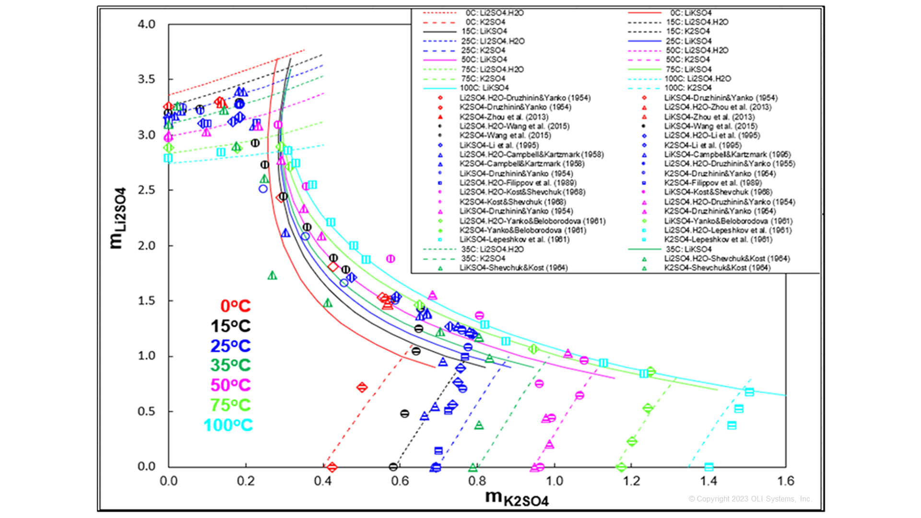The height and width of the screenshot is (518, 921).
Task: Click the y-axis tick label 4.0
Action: point(146,24)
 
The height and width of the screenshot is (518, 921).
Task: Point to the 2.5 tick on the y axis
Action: point(146,190)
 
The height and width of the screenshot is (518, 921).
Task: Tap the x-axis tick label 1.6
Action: point(786,481)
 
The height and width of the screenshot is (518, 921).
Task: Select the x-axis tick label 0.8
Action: point(477,481)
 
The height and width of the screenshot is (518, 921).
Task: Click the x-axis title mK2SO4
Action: point(517,498)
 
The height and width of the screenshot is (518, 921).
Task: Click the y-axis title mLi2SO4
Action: point(118,218)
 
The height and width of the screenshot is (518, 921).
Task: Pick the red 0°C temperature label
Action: point(235,306)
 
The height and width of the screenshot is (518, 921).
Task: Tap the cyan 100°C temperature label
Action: point(228,425)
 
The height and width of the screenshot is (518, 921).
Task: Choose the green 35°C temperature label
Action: point(230,365)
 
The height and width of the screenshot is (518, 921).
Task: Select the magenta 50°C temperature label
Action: point(230,385)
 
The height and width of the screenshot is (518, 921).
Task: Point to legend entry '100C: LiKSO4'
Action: point(484,88)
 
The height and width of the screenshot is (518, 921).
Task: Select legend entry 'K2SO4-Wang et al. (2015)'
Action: point(505,135)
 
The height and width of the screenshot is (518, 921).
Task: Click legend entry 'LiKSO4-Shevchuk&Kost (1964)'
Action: point(513,268)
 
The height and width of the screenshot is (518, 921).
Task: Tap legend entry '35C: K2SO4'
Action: point(483,259)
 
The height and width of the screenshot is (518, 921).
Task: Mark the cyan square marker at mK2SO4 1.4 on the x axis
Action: point(708,467)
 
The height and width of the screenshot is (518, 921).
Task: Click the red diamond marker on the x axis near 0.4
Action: point(331,467)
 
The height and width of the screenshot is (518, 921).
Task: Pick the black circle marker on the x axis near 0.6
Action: point(393,467)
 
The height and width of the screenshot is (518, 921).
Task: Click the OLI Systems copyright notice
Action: point(750,499)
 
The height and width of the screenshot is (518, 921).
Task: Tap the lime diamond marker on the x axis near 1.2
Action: point(621,467)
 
